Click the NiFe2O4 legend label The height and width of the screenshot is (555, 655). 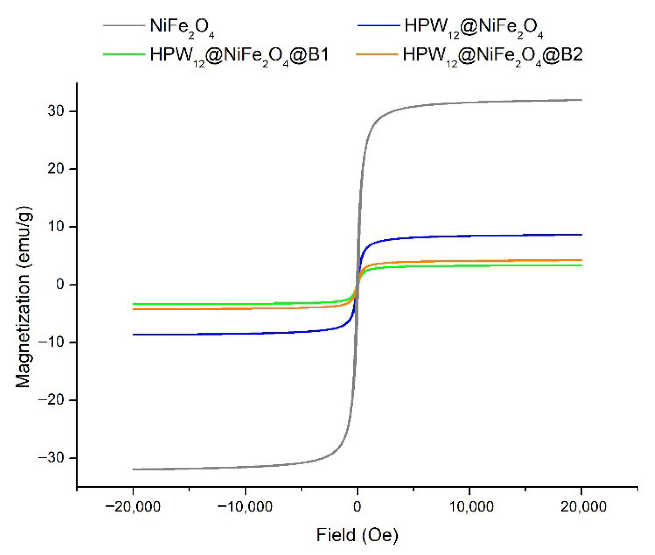pos(182,27)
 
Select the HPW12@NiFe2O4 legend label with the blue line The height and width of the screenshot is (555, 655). pos(474,27)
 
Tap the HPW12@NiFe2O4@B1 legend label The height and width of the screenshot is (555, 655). pos(239,55)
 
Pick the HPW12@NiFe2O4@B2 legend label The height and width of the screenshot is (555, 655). pos(492,55)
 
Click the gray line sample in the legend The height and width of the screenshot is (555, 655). pos(124,25)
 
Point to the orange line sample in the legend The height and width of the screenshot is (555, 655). pos(377,54)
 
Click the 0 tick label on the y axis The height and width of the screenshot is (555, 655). pos(60,284)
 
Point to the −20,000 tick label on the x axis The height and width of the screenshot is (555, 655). pos(133,507)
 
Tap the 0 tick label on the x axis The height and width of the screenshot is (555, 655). pos(357,507)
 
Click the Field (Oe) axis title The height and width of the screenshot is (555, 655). pos(357,535)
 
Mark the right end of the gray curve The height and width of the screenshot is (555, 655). pos(581,100)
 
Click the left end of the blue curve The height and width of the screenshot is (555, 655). pos(133,335)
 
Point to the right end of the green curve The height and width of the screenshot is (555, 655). pos(581,266)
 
